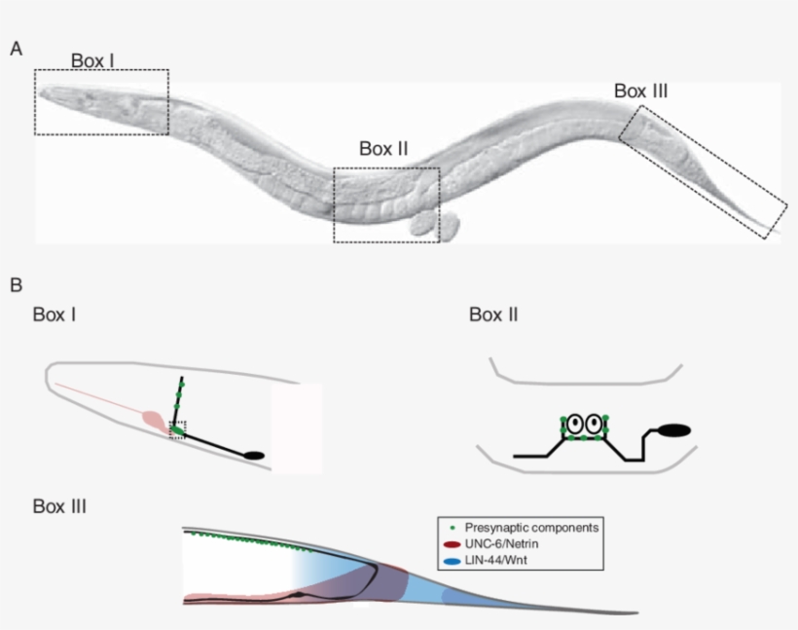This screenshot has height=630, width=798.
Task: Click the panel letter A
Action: (x=17, y=49)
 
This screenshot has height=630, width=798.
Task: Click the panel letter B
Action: (x=17, y=284)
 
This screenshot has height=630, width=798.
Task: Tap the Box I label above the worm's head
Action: (x=92, y=60)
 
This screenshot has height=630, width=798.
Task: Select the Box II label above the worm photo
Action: (x=383, y=149)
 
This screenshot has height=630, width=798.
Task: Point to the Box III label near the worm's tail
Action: (x=640, y=92)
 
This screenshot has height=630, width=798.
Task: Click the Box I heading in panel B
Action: (x=54, y=315)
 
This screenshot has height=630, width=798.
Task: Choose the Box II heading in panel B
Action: (x=493, y=315)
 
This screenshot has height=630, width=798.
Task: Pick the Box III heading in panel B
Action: (x=59, y=506)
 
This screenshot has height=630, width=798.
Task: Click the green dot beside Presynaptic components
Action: (x=453, y=528)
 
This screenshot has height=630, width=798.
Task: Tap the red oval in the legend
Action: (x=452, y=544)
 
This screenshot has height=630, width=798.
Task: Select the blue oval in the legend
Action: (x=452, y=561)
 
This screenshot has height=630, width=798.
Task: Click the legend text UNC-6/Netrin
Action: (x=501, y=544)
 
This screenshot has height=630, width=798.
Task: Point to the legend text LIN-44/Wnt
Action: (x=495, y=560)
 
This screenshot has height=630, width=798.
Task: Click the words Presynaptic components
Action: (x=531, y=528)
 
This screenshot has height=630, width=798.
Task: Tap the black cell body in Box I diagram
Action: (x=254, y=456)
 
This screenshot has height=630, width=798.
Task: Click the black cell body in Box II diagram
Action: (x=674, y=430)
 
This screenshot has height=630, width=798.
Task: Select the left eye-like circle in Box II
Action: (x=575, y=424)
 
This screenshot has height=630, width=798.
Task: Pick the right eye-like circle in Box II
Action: (x=594, y=424)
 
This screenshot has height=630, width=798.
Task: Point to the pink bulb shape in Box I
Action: (x=154, y=421)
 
